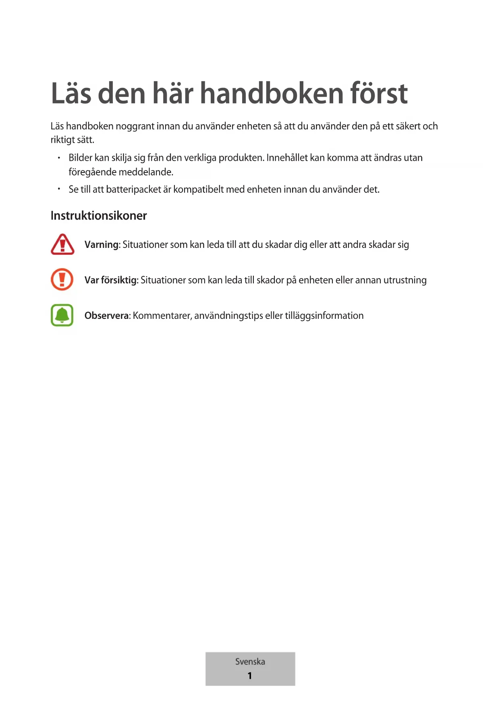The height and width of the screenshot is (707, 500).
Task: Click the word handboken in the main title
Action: click(272, 94)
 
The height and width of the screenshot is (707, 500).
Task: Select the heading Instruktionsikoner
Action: click(99, 216)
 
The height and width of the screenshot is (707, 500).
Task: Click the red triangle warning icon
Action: click(62, 244)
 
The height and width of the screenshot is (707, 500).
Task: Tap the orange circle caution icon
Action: click(62, 279)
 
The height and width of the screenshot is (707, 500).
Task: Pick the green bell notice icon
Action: click(62, 315)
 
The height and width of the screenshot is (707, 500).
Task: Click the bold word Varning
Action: click(102, 245)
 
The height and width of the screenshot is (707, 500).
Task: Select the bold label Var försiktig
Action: click(111, 280)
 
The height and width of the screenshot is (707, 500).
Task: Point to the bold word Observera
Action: click(106, 316)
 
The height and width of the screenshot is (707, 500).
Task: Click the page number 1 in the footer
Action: click(250, 676)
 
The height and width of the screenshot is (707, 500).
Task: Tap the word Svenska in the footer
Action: click(250, 661)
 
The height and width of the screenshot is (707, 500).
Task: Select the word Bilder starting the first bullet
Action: click(80, 158)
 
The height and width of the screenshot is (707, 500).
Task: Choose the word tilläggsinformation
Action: click(324, 316)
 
